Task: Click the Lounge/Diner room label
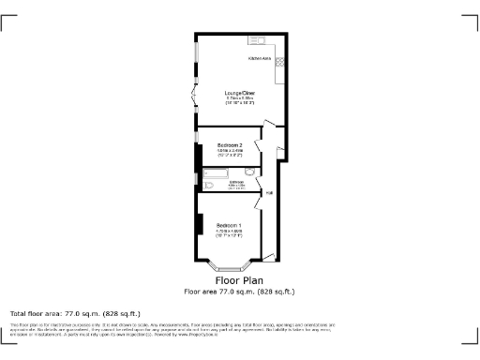click(x=240, y=93)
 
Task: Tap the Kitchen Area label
click(x=260, y=58)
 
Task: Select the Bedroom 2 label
click(x=230, y=144)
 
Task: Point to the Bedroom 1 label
click(x=230, y=225)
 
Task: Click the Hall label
click(x=268, y=193)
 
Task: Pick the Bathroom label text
click(x=236, y=181)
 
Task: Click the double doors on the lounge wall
click(x=194, y=95)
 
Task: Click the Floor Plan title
click(x=239, y=280)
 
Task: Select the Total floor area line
click(x=75, y=313)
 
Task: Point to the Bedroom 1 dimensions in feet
click(x=230, y=235)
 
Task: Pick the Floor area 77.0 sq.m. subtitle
click(x=239, y=291)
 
